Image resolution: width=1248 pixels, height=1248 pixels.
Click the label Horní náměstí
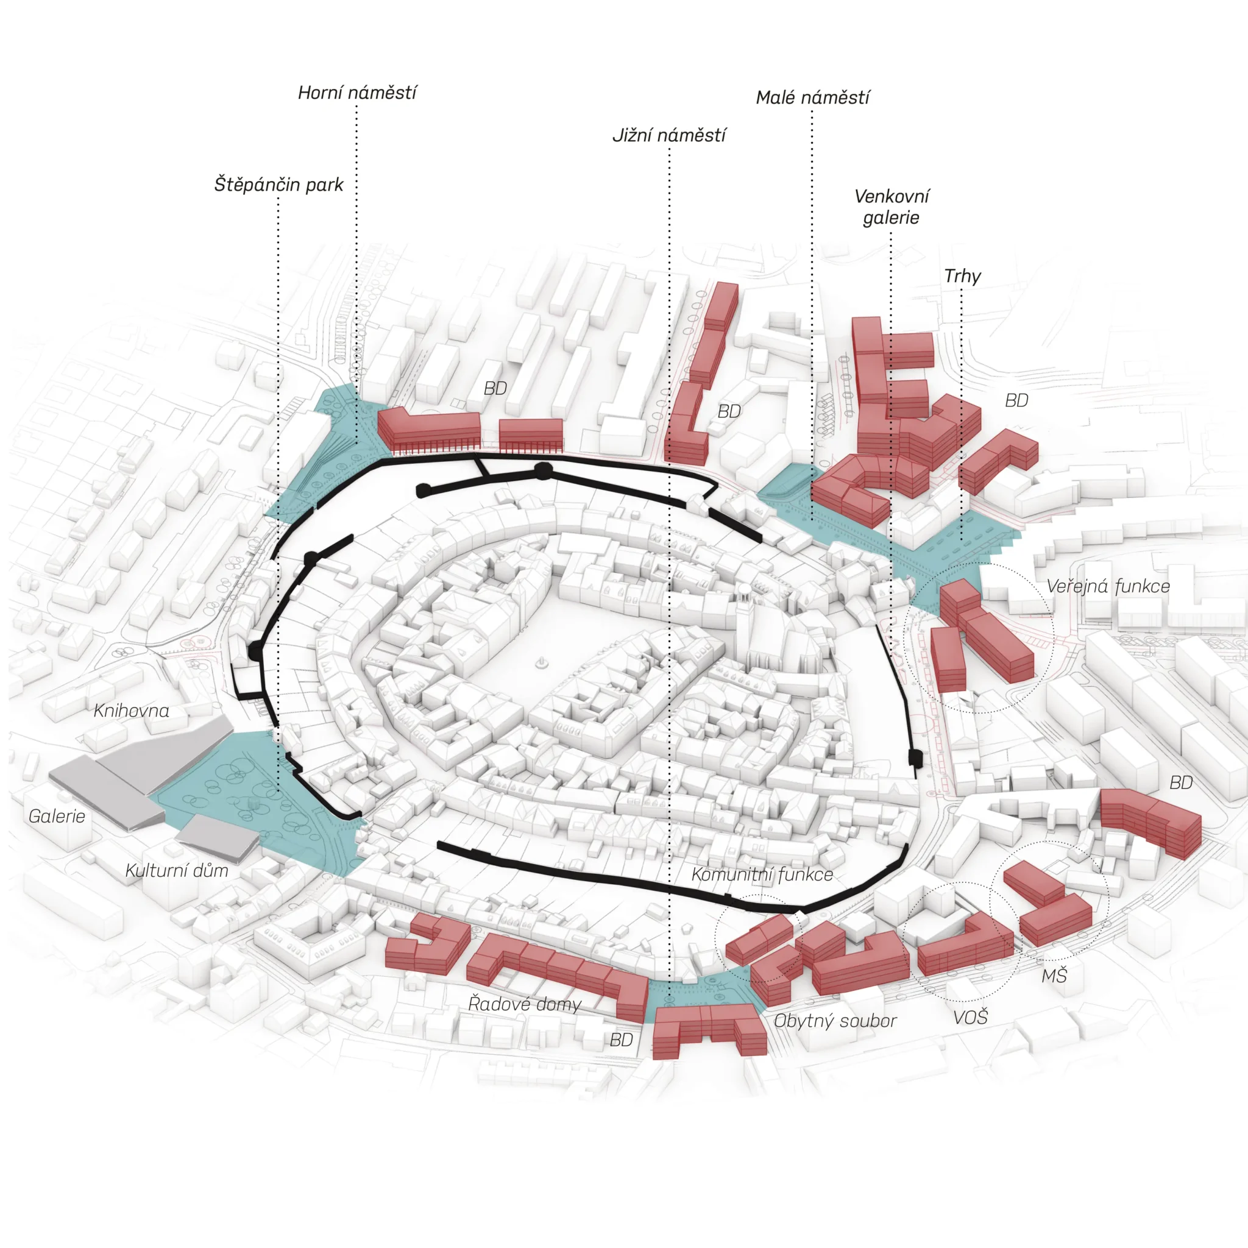357,93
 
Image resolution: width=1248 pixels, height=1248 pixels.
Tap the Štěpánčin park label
279,185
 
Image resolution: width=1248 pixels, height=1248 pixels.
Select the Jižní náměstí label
669,136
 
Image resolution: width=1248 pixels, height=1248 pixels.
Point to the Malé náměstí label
813,97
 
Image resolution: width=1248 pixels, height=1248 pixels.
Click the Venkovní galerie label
892,207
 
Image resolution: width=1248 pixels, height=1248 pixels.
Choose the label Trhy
962,277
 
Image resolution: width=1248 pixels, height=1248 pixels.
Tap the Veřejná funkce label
1108,587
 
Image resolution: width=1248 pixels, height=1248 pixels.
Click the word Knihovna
131,711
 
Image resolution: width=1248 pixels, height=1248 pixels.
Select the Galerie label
57,816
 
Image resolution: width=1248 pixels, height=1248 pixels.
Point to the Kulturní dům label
176,870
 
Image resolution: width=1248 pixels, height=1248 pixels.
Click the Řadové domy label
525,1003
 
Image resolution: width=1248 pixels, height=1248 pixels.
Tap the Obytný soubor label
835,1021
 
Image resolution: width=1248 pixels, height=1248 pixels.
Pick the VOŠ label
970,1018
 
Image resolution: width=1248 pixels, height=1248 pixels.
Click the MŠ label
1054,976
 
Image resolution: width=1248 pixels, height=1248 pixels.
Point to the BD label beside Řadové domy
621,1040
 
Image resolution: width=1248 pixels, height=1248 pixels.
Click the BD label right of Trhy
1016,400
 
